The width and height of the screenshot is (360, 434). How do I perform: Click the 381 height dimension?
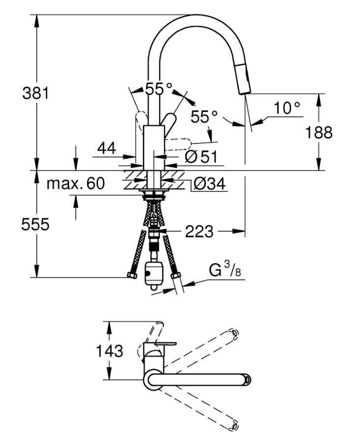tap(35, 93)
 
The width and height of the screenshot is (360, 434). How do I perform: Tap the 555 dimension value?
tap(35, 224)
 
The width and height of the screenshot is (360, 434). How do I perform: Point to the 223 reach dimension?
tap(199, 231)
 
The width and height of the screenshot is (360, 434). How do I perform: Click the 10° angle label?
tap(287, 108)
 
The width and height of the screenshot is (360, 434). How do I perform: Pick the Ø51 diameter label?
tap(201, 157)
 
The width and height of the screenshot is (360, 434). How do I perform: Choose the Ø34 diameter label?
tap(210, 184)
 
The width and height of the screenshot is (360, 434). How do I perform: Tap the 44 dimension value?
tap(107, 148)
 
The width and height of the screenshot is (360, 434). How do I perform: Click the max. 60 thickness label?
tap(76, 183)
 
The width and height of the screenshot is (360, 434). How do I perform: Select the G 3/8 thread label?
tap(225, 270)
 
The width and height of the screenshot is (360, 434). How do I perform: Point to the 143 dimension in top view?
tap(110, 351)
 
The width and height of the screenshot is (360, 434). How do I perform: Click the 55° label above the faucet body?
tap(159, 89)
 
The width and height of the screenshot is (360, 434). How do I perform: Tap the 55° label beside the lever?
tap(204, 116)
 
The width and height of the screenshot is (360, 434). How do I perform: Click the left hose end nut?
tap(132, 275)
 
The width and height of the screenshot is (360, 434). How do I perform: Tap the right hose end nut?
tap(175, 275)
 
